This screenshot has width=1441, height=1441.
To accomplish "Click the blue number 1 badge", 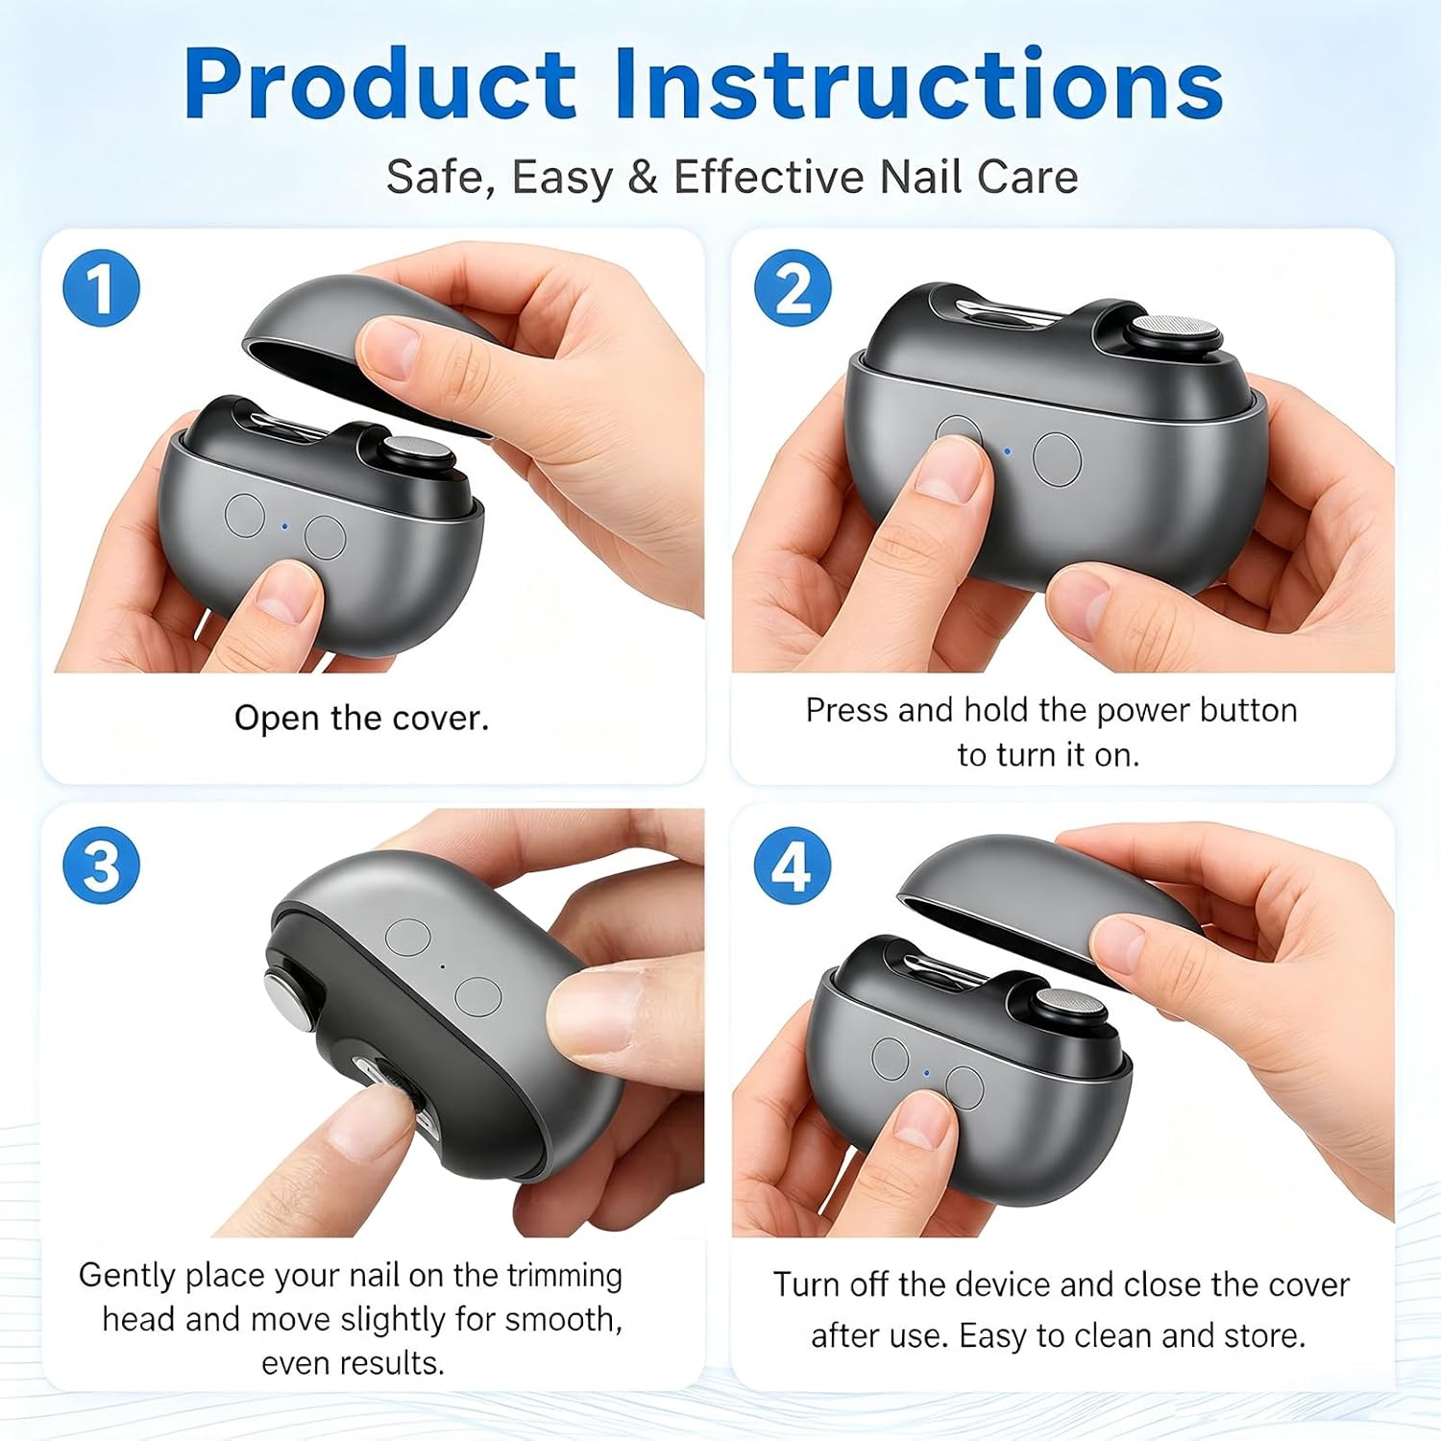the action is (101, 288).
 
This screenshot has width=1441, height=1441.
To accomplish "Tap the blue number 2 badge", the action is (793, 288).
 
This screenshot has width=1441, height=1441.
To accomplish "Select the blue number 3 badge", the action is (101, 865).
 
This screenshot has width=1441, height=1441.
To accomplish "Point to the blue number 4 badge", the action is (793, 865).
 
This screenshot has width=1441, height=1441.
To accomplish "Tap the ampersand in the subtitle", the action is (642, 178).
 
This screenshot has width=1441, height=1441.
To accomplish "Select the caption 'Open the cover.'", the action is (361, 719).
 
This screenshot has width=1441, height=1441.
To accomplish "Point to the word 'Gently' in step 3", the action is (127, 1277).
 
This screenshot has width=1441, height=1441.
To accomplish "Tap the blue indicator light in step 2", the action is (1007, 450).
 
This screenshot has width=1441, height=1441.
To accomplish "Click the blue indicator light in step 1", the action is (284, 526).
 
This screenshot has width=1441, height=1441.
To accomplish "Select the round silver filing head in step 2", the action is (1175, 329).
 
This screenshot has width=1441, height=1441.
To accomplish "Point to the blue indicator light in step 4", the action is (926, 1073).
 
